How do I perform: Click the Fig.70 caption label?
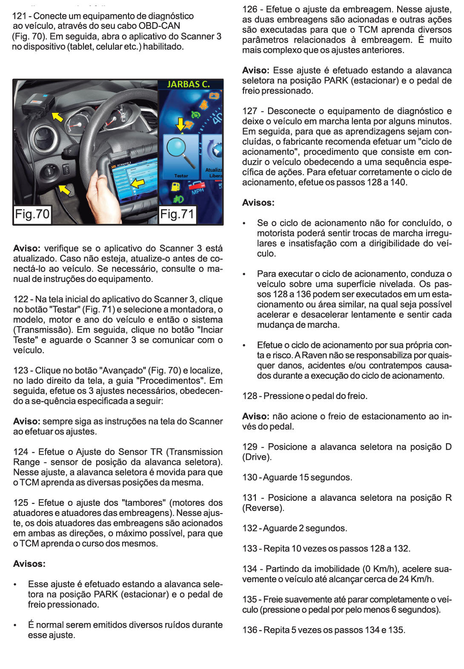[x=32, y=214]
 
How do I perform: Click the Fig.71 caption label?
[x=177, y=214]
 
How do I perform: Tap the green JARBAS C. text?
[x=188, y=84]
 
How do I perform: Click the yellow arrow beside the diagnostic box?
[x=57, y=116]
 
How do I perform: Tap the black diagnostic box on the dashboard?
[x=38, y=105]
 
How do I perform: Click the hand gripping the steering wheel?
[x=102, y=196]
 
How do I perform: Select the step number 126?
[x=249, y=9]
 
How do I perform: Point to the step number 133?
[x=249, y=548]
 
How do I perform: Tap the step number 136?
[x=249, y=630]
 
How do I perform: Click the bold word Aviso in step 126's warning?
[x=255, y=71]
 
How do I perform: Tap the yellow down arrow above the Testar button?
[x=180, y=124]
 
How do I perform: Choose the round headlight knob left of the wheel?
[x=49, y=171]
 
